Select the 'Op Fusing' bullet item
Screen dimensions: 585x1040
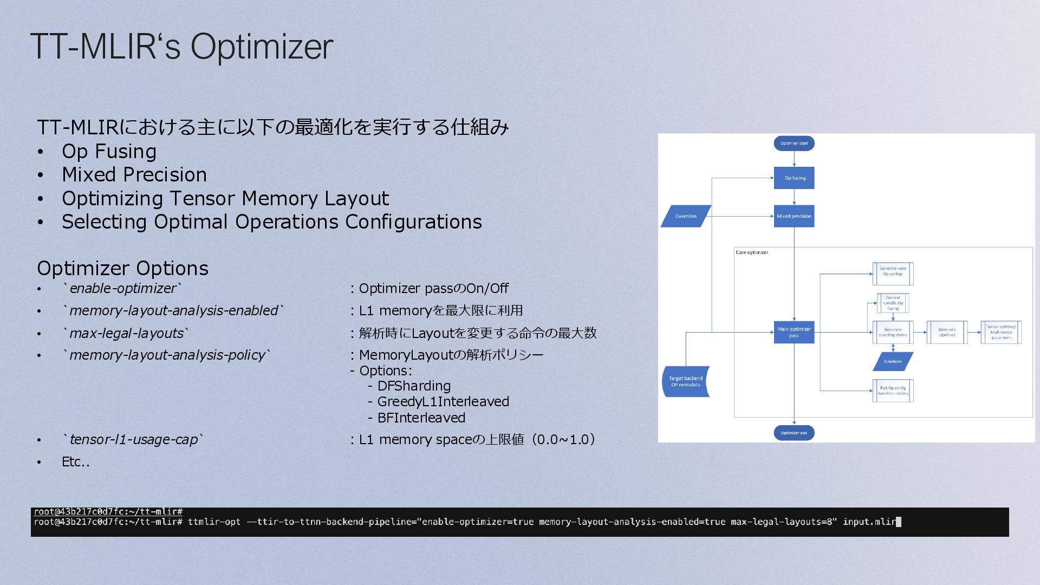(x=109, y=152)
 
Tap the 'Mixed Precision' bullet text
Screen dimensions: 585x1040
(x=134, y=175)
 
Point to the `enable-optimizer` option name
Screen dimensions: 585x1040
(x=122, y=289)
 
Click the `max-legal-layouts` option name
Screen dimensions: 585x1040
(x=126, y=333)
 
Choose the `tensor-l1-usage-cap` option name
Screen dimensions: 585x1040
(x=133, y=439)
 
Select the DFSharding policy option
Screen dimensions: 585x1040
(x=414, y=386)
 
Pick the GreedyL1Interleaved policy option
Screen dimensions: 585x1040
(x=443, y=402)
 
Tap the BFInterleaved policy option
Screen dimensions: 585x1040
(x=421, y=418)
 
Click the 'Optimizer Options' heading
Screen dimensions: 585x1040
(x=122, y=269)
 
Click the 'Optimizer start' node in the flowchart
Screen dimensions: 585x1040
(x=794, y=144)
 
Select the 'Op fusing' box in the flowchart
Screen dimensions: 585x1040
(x=794, y=178)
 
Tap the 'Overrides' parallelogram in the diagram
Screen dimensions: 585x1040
(x=686, y=216)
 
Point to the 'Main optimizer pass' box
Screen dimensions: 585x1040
(x=794, y=332)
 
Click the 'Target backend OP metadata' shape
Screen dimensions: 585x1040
(x=686, y=381)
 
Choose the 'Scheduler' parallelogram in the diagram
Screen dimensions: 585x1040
(x=893, y=361)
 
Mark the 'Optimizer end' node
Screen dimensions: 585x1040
(x=794, y=433)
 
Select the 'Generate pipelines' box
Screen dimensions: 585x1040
(x=947, y=332)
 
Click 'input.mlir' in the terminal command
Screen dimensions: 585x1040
(x=869, y=522)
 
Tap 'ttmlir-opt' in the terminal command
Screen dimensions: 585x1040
(x=214, y=522)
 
